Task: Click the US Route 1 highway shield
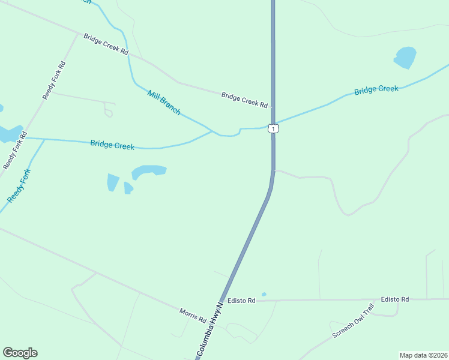[x=273, y=129]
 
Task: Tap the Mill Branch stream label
[x=164, y=102]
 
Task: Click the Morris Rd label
[x=193, y=314]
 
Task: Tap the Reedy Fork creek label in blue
[x=19, y=186]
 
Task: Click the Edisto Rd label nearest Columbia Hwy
[x=241, y=300]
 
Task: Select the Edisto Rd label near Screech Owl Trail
[x=394, y=299]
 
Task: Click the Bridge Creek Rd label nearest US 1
[x=244, y=100]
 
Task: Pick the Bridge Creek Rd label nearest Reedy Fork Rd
[x=106, y=44]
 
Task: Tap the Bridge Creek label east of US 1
[x=376, y=90]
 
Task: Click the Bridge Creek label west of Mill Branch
[x=112, y=145]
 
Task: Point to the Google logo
[x=20, y=353]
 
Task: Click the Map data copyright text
[x=423, y=355]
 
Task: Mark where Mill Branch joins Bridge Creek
[x=213, y=131]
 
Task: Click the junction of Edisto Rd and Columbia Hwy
[x=223, y=300]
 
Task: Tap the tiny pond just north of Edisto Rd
[x=264, y=294]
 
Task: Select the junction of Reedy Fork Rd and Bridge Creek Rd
[x=77, y=34]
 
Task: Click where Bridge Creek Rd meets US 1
[x=273, y=107]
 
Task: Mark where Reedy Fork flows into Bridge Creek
[x=44, y=139]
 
